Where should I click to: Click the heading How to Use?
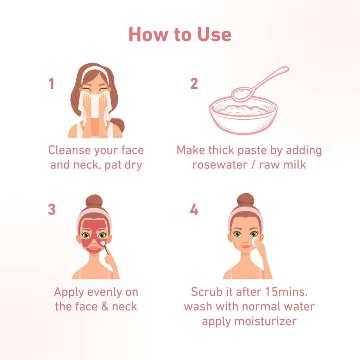(x=180, y=34)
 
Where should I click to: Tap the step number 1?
(x=51, y=83)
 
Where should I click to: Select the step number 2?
(x=194, y=83)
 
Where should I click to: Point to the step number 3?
(x=51, y=209)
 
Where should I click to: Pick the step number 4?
(x=194, y=209)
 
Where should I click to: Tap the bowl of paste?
(x=243, y=115)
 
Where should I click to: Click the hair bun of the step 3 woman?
(x=94, y=201)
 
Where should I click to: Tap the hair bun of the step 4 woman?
(x=246, y=200)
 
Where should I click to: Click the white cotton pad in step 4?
(x=255, y=242)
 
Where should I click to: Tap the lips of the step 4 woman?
(x=246, y=246)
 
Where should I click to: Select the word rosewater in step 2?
(x=220, y=165)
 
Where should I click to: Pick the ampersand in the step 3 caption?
(x=105, y=307)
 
